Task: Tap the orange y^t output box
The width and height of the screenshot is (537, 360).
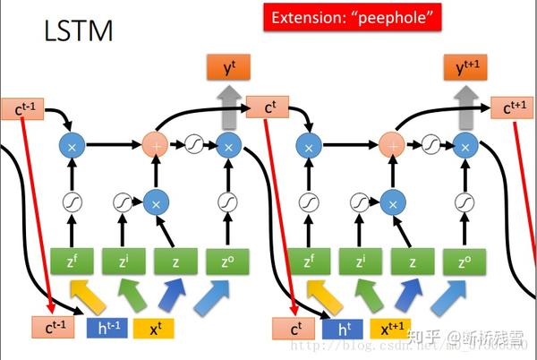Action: point(227,67)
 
